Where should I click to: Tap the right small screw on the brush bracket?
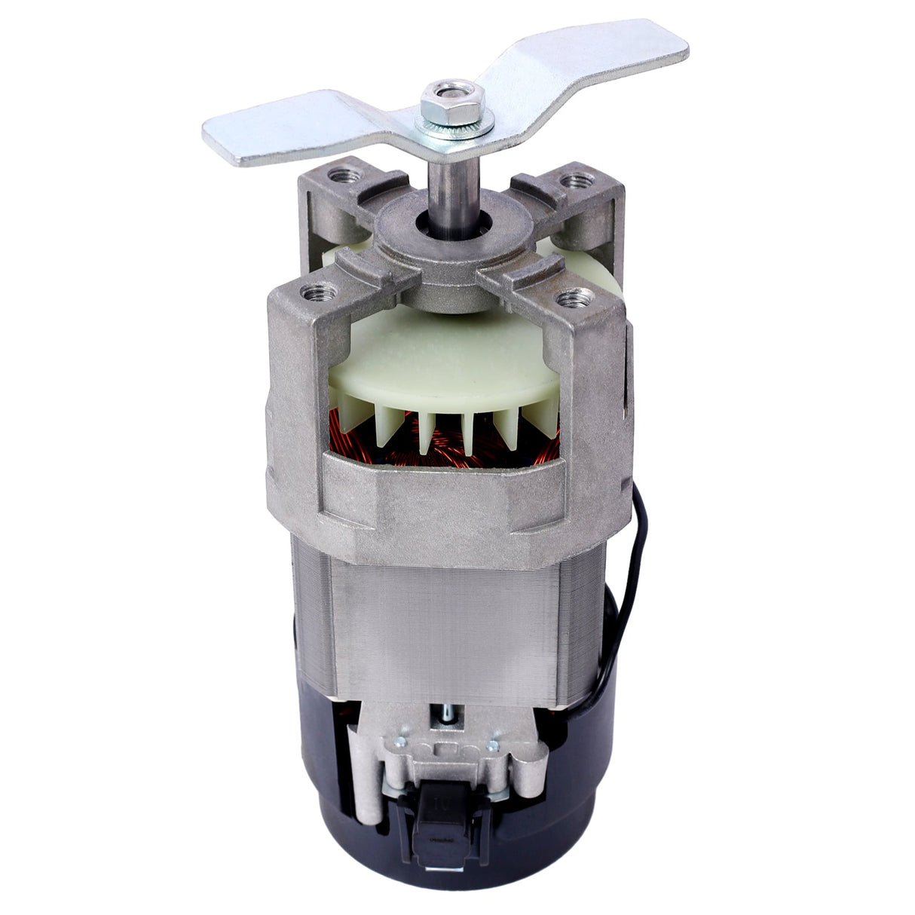click(x=492, y=746)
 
